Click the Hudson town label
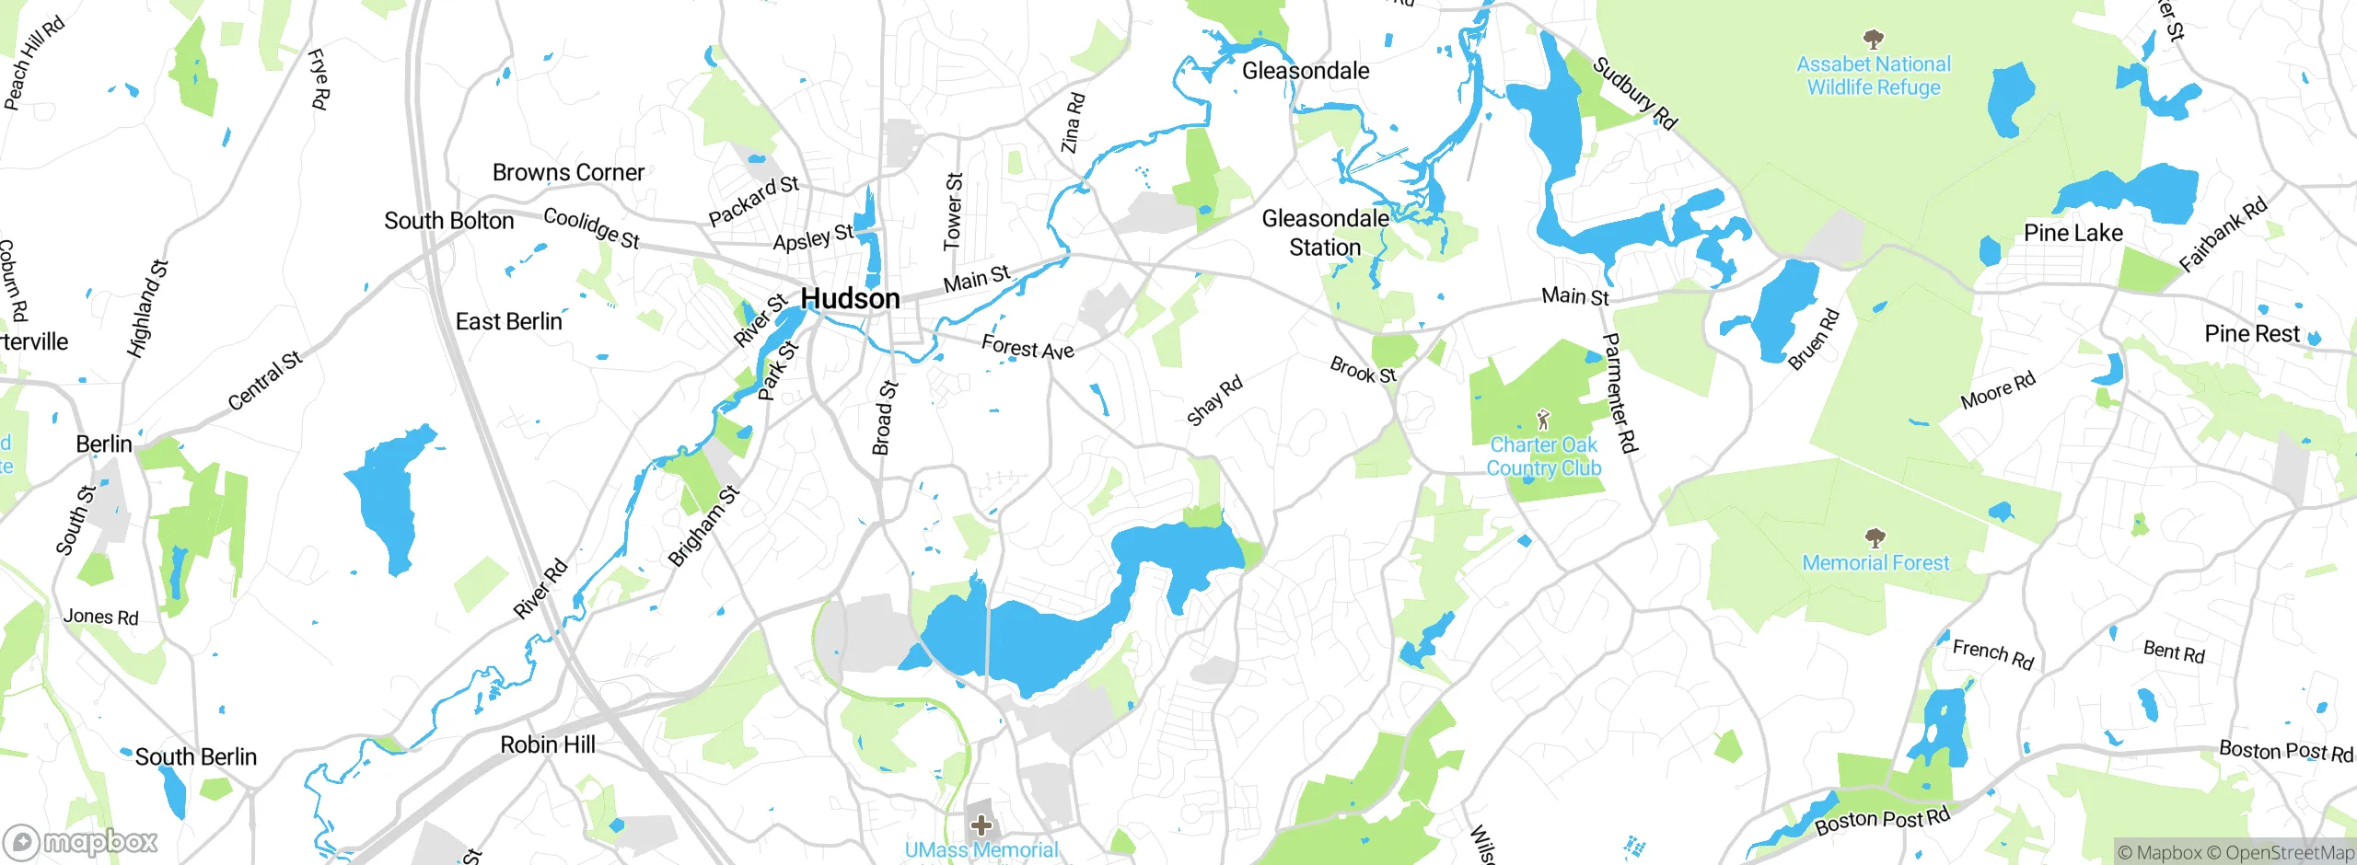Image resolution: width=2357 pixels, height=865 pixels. (850, 299)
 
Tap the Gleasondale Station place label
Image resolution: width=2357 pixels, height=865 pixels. (1325, 233)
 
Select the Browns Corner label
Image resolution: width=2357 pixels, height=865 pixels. (568, 172)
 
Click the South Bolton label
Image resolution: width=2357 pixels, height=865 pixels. (448, 221)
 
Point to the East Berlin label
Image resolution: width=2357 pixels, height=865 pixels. (508, 321)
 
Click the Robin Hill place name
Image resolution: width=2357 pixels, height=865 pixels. (548, 744)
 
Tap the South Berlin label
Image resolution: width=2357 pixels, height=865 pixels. (195, 756)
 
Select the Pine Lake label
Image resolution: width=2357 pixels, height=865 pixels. (2073, 233)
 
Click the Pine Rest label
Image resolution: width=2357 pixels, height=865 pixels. (2251, 333)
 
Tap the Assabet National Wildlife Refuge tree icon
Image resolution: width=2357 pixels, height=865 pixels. (1873, 39)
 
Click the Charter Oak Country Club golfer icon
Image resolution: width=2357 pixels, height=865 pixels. (1544, 420)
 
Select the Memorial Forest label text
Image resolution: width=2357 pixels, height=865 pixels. (1875, 562)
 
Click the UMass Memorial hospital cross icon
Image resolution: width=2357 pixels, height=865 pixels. (981, 825)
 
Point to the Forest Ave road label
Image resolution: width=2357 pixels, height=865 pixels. (1028, 348)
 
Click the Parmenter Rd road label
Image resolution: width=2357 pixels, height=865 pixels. (1620, 393)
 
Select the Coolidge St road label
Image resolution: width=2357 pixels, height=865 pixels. (591, 227)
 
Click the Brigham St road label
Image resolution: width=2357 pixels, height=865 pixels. (703, 525)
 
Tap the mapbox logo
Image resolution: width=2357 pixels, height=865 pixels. (81, 842)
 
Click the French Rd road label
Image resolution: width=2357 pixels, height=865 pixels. (1992, 653)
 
